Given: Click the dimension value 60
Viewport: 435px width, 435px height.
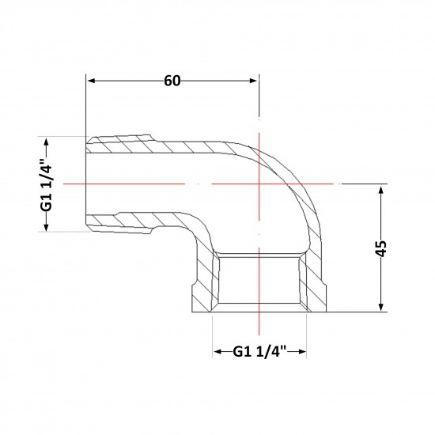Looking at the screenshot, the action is pyautogui.click(x=172, y=81).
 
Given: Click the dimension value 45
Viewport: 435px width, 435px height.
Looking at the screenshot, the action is pyautogui.click(x=380, y=248).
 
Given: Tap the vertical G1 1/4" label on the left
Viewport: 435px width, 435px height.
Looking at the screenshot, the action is pyautogui.click(x=47, y=185).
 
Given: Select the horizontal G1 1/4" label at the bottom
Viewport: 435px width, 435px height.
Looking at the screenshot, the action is pyautogui.click(x=259, y=351).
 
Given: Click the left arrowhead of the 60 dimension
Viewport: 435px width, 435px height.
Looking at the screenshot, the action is pyautogui.click(x=92, y=81).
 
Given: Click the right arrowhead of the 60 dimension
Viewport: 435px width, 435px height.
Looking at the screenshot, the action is pyautogui.click(x=254, y=81).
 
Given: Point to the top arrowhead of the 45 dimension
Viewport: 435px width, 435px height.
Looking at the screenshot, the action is pyautogui.click(x=381, y=191).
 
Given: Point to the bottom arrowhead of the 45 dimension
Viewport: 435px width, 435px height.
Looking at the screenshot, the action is pyautogui.click(x=381, y=306).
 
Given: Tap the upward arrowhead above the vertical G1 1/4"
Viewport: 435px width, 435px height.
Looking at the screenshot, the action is pyautogui.click(x=47, y=142).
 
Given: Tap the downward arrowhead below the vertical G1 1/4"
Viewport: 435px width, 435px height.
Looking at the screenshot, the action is pyautogui.click(x=47, y=226).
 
